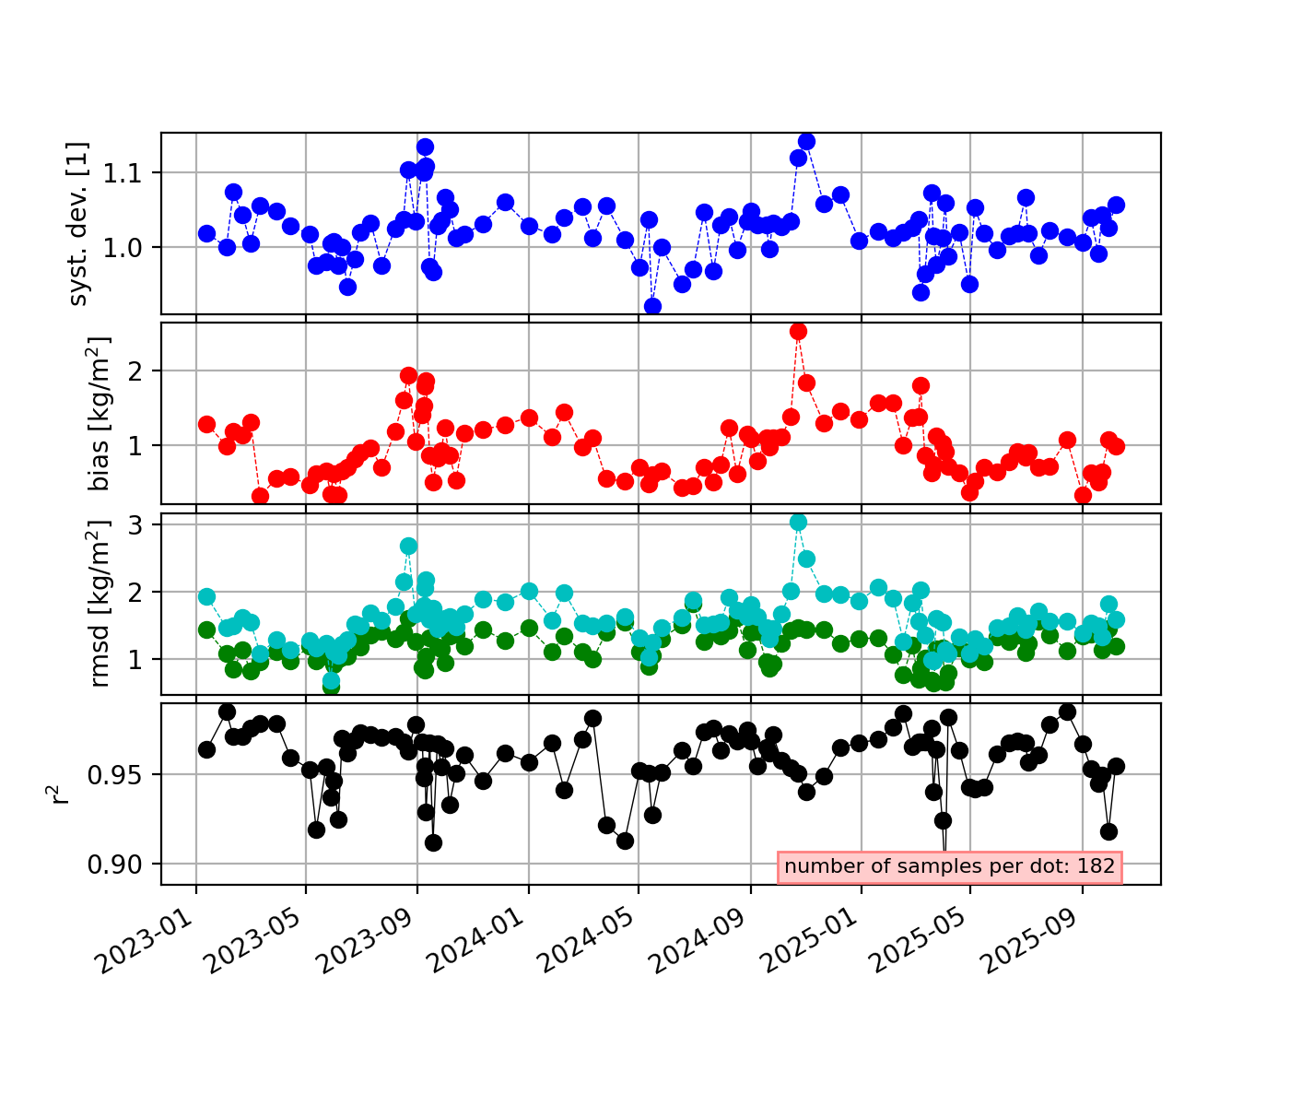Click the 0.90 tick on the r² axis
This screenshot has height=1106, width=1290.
pyautogui.click(x=122, y=864)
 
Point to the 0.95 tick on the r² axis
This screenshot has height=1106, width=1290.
pyautogui.click(x=122, y=774)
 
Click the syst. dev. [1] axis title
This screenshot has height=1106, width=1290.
pyautogui.click(x=79, y=223)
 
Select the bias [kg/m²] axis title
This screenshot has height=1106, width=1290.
pyautogui.click(x=100, y=413)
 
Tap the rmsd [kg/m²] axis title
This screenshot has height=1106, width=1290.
pyautogui.click(x=100, y=604)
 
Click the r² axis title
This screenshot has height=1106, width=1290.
pyautogui.click(x=61, y=794)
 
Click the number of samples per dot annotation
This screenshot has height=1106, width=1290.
pyautogui.click(x=950, y=866)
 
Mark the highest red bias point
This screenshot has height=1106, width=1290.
pyautogui.click(x=798, y=331)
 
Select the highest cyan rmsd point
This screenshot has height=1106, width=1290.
pyautogui.click(x=798, y=522)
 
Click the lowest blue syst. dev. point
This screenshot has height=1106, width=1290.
pyautogui.click(x=652, y=306)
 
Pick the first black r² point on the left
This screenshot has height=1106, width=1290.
pyautogui.click(x=206, y=749)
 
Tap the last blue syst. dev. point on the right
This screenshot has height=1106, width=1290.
pyautogui.click(x=1116, y=205)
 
